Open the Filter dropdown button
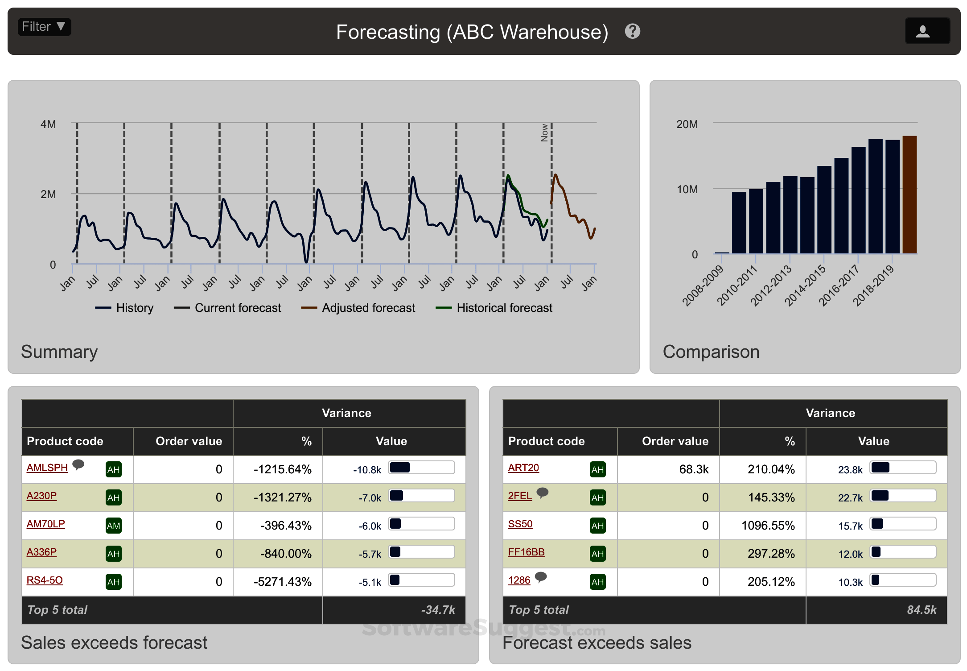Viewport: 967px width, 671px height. (44, 27)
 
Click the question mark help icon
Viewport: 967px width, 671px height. (632, 31)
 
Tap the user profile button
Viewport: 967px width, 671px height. (927, 31)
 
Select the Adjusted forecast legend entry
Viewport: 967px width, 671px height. (358, 308)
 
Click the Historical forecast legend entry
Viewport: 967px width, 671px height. (494, 308)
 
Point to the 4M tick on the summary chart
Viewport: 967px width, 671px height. (48, 124)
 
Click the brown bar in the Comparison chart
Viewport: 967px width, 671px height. (909, 195)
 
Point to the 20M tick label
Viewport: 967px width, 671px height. (687, 124)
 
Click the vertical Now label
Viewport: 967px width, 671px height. (544, 133)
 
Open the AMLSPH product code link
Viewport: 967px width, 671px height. (47, 468)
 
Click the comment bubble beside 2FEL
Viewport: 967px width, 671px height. (542, 493)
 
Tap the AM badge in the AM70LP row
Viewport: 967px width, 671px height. (113, 526)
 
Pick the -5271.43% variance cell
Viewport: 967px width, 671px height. (282, 582)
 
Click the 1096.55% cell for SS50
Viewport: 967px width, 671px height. (768, 526)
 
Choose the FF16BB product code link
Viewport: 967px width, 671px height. (526, 552)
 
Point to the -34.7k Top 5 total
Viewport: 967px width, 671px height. (438, 610)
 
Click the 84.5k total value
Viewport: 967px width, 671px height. (922, 610)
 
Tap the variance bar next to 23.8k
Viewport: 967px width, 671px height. (903, 468)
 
